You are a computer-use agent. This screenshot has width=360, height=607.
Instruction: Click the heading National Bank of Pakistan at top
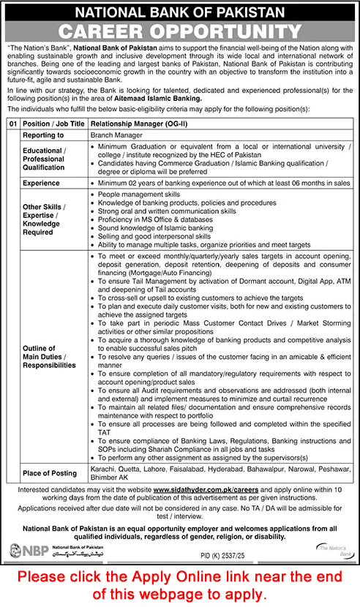180,11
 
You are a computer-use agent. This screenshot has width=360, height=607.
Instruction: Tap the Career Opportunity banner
180,31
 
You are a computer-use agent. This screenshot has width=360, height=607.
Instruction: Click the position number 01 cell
12,124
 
